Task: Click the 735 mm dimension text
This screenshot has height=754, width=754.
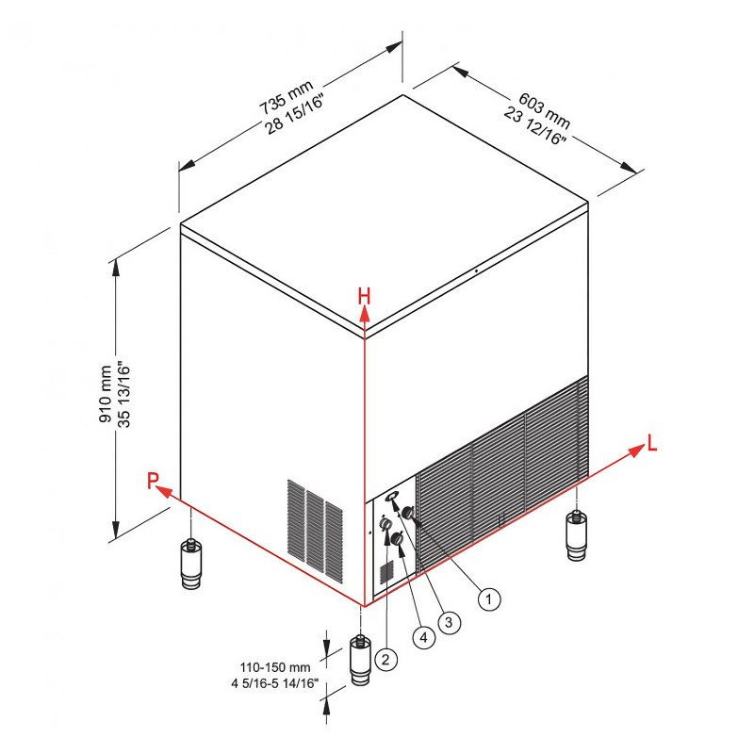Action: coord(287,98)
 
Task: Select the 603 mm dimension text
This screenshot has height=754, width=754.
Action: coord(545,110)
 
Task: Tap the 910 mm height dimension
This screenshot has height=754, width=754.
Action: coord(106,394)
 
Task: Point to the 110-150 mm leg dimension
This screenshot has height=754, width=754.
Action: coord(275,667)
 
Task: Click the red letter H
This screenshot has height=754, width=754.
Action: coord(365,296)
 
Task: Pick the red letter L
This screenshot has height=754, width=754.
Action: coord(652,443)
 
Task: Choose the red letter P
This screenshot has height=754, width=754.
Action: coord(153,480)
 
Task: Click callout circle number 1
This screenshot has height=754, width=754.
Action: coord(489,599)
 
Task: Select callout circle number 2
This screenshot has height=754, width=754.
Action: coord(385,659)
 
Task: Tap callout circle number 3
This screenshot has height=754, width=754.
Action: coord(450,622)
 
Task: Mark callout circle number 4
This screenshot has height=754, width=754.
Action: coord(423,637)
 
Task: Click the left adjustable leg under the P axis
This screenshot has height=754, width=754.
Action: coord(191,564)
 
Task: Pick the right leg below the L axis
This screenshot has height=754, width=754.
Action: coord(576,535)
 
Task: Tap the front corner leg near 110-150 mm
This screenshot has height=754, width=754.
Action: coord(360,660)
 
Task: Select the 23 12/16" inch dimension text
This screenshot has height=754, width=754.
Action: coord(535,126)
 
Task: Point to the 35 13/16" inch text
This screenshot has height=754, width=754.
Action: coord(124,394)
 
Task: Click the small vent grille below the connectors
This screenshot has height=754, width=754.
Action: coord(387,572)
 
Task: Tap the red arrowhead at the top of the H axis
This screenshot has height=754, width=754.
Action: coord(365,314)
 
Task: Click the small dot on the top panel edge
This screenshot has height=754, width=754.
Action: coord(476,270)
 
